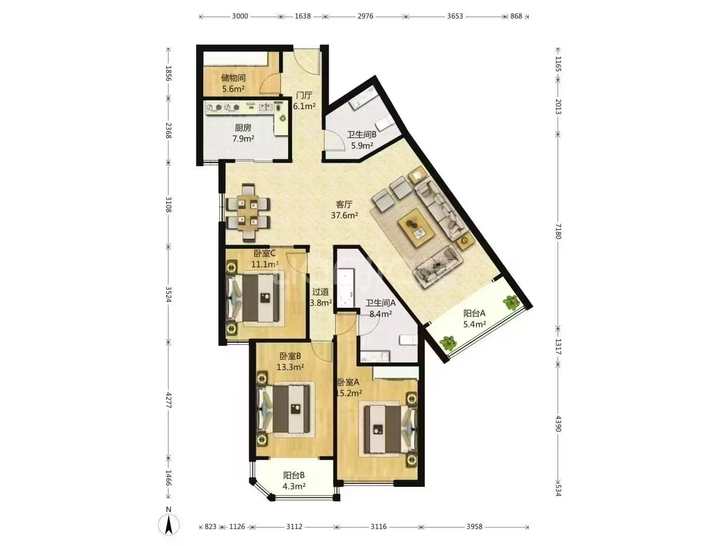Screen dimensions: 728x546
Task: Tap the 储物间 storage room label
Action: coord(233,78)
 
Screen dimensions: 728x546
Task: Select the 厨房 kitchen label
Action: coord(243,127)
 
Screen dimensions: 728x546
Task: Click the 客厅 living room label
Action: coord(344,204)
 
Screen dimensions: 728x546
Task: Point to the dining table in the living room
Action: coord(247,212)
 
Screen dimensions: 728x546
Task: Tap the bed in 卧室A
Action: coord(390,429)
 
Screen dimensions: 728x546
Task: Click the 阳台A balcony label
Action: coord(474,313)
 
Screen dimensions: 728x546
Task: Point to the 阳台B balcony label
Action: coord(294,475)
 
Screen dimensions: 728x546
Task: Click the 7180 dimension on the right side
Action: coord(558,232)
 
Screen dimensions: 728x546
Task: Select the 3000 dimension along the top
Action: coord(240,16)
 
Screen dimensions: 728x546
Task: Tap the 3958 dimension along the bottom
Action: coord(474,526)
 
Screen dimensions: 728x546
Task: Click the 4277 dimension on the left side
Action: coord(168,400)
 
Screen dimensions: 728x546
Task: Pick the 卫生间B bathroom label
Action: coord(361,134)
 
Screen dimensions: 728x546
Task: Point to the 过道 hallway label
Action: coord(321,292)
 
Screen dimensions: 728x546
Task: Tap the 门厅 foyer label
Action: coord(304,96)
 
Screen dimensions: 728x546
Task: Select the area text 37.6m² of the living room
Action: coord(344,215)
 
